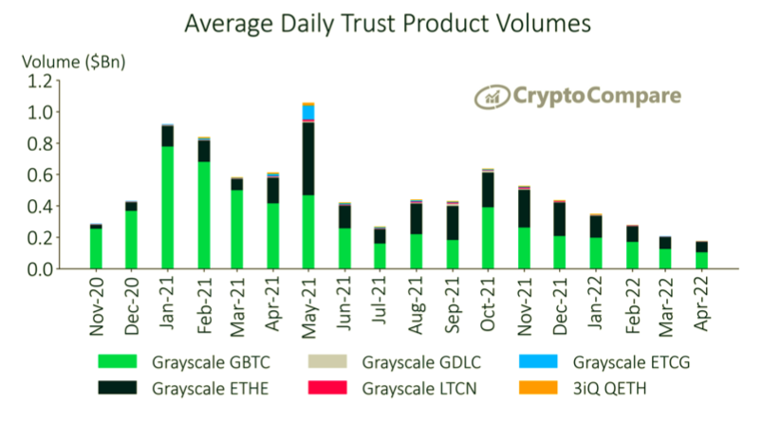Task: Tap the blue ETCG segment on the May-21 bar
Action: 308,112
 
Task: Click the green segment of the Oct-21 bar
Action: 488,238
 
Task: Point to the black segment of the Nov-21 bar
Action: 523,209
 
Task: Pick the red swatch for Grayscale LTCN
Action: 341,387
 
